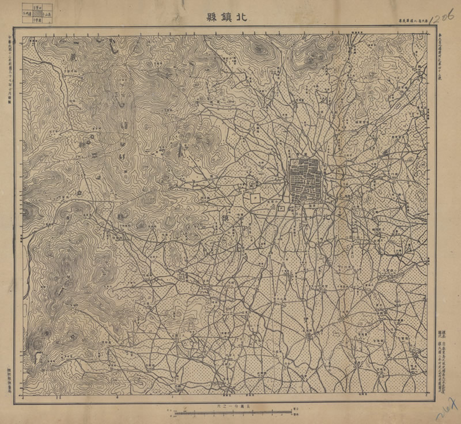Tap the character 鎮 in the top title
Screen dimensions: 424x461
click(x=225, y=17)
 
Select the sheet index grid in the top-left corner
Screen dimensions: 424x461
click(x=35, y=13)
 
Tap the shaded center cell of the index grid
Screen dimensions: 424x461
click(x=35, y=13)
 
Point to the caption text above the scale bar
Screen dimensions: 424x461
click(x=231, y=406)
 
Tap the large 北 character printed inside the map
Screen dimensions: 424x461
click(x=328, y=218)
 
